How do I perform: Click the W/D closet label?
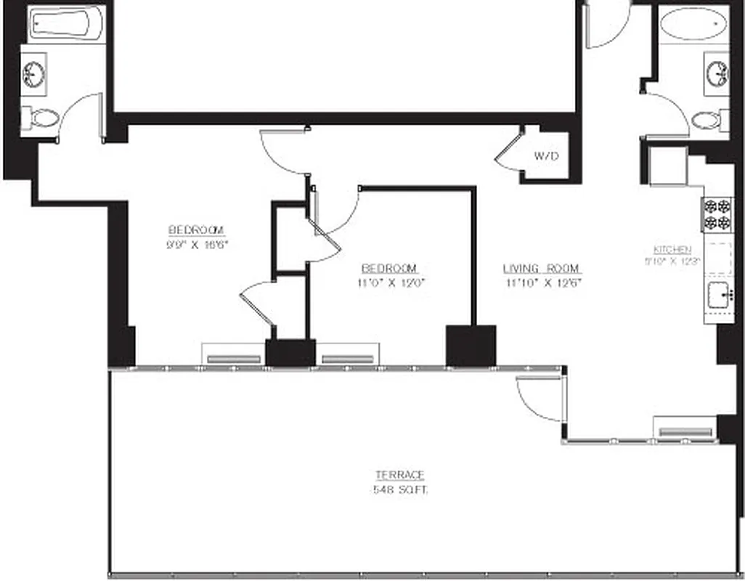tap(546, 155)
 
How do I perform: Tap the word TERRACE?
tap(399, 475)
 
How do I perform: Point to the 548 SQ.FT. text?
tap(399, 490)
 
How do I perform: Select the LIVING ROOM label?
tap(542, 269)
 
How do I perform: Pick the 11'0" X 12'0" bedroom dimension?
tap(391, 283)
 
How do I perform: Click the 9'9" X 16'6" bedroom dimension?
tap(198, 245)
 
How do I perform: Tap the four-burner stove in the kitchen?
tap(717, 214)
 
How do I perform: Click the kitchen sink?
tap(717, 296)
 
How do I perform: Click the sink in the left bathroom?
tap(33, 73)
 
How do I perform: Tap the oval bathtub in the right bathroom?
tap(693, 24)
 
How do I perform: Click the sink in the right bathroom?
tap(717, 72)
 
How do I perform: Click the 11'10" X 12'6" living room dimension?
tap(542, 283)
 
